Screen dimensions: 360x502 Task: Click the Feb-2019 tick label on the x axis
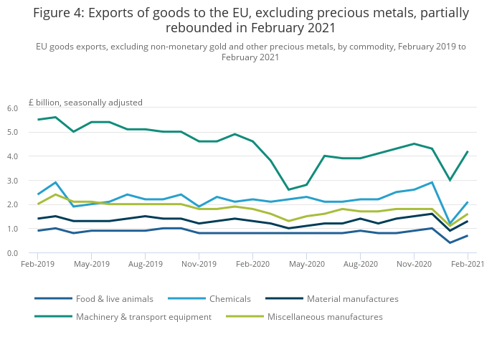(37, 264)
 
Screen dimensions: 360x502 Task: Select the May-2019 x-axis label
(91, 264)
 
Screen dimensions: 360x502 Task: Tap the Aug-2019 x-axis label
(145, 264)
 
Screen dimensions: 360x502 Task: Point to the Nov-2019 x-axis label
(199, 264)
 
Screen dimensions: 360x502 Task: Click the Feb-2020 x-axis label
(252, 264)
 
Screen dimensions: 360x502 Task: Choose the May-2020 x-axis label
(306, 264)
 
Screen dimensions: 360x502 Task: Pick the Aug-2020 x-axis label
(360, 264)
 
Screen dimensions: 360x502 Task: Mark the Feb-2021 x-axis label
(467, 264)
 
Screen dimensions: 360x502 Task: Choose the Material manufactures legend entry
(352, 298)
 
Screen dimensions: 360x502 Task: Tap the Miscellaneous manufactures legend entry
(324, 316)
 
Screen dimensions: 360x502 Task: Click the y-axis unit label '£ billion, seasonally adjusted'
(85, 103)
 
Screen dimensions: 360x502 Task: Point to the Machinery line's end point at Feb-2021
(468, 151)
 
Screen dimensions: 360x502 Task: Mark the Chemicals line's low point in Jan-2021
(450, 224)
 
